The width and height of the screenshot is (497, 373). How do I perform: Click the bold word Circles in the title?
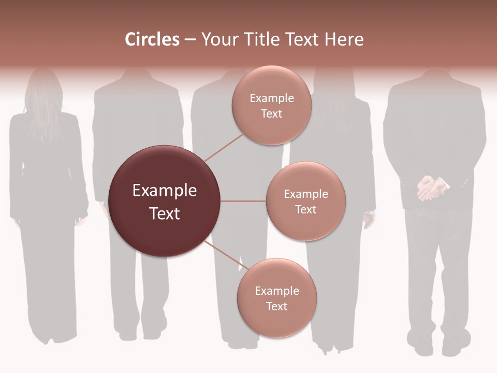pos(152,39)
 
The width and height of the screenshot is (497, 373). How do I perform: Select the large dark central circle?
pos(164,201)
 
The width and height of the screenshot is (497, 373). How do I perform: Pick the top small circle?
pos(271,105)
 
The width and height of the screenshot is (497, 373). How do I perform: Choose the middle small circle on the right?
pos(305,201)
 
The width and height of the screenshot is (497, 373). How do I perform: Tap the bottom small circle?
pos(276,298)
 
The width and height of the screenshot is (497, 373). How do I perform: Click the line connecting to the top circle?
pos(224,147)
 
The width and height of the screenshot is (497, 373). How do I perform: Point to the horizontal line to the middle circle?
pos(243,201)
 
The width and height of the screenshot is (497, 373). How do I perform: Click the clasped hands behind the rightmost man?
pos(431,188)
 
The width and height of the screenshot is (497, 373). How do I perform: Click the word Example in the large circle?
pos(164,191)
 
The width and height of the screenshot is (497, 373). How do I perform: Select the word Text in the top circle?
pos(271,114)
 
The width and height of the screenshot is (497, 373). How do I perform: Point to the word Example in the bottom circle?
pos(276,291)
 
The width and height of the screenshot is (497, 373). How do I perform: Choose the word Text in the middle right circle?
pos(305,210)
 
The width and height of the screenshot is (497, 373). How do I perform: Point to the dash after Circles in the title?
pos(189,40)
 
